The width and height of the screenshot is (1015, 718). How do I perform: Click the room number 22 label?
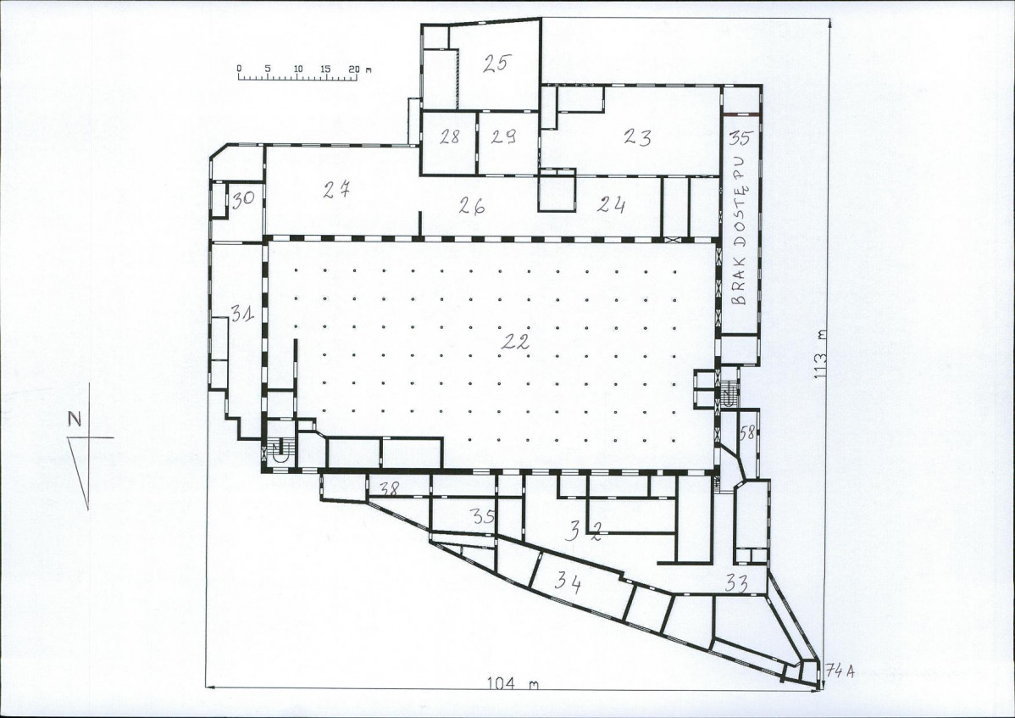tap(515, 341)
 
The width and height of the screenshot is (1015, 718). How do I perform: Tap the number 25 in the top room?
tap(497, 63)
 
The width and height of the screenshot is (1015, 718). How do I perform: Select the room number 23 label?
tap(638, 136)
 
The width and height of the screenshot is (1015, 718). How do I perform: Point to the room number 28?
tap(449, 136)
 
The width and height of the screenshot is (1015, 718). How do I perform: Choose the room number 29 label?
tap(503, 136)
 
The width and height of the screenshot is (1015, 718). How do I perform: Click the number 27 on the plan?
tap(336, 189)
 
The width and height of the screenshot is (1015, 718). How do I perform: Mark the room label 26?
tap(472, 206)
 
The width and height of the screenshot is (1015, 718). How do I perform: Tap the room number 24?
tap(611, 204)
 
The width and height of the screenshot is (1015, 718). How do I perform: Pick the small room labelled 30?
tap(243, 199)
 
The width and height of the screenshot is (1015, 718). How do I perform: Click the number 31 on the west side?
tap(242, 314)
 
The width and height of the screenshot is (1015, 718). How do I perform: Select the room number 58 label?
tap(747, 432)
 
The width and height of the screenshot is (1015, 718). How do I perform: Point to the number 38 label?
tap(389, 489)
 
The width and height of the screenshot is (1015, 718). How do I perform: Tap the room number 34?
tap(568, 582)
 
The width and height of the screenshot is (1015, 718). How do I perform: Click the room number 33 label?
tap(736, 584)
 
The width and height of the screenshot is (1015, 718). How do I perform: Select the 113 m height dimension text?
tap(823, 359)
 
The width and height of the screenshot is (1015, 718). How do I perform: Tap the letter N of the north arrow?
tap(75, 419)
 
